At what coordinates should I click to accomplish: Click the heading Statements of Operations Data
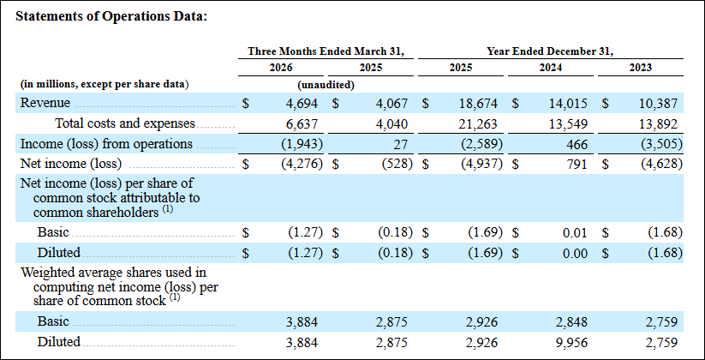111,16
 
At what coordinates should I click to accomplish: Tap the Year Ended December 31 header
550,51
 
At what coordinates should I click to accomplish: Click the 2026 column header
281,68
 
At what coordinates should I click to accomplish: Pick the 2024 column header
551,68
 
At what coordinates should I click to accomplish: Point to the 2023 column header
641,68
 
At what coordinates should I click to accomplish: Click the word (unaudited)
326,85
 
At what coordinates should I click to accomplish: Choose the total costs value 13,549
571,123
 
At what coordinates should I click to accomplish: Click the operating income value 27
401,144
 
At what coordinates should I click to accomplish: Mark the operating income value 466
578,144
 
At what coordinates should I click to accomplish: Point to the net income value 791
578,164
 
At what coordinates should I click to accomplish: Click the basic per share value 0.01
576,233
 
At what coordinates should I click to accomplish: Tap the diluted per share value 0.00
576,254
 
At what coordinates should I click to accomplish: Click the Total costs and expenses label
125,123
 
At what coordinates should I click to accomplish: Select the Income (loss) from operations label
106,144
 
